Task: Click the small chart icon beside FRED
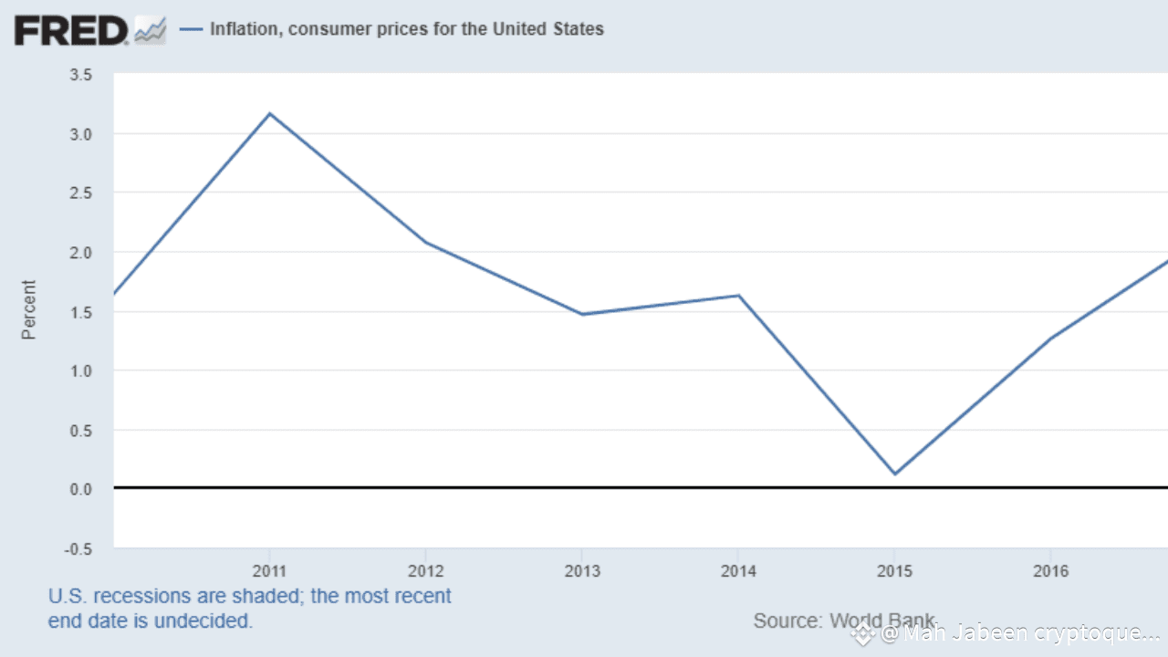(x=150, y=31)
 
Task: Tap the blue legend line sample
(x=191, y=29)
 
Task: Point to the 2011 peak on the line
(x=269, y=113)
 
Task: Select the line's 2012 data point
(x=425, y=242)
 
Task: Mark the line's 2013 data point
(x=582, y=314)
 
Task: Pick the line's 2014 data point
(x=738, y=295)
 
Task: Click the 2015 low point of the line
(x=894, y=474)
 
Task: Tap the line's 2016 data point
(x=1050, y=338)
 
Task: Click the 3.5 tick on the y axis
(x=81, y=75)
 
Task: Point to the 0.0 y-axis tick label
(x=81, y=489)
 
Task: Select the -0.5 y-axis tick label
(x=78, y=548)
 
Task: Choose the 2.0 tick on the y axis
(x=81, y=253)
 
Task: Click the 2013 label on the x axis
(x=582, y=572)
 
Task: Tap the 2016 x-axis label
(x=1050, y=572)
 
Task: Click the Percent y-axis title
(x=29, y=310)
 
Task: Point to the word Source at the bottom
(x=786, y=621)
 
